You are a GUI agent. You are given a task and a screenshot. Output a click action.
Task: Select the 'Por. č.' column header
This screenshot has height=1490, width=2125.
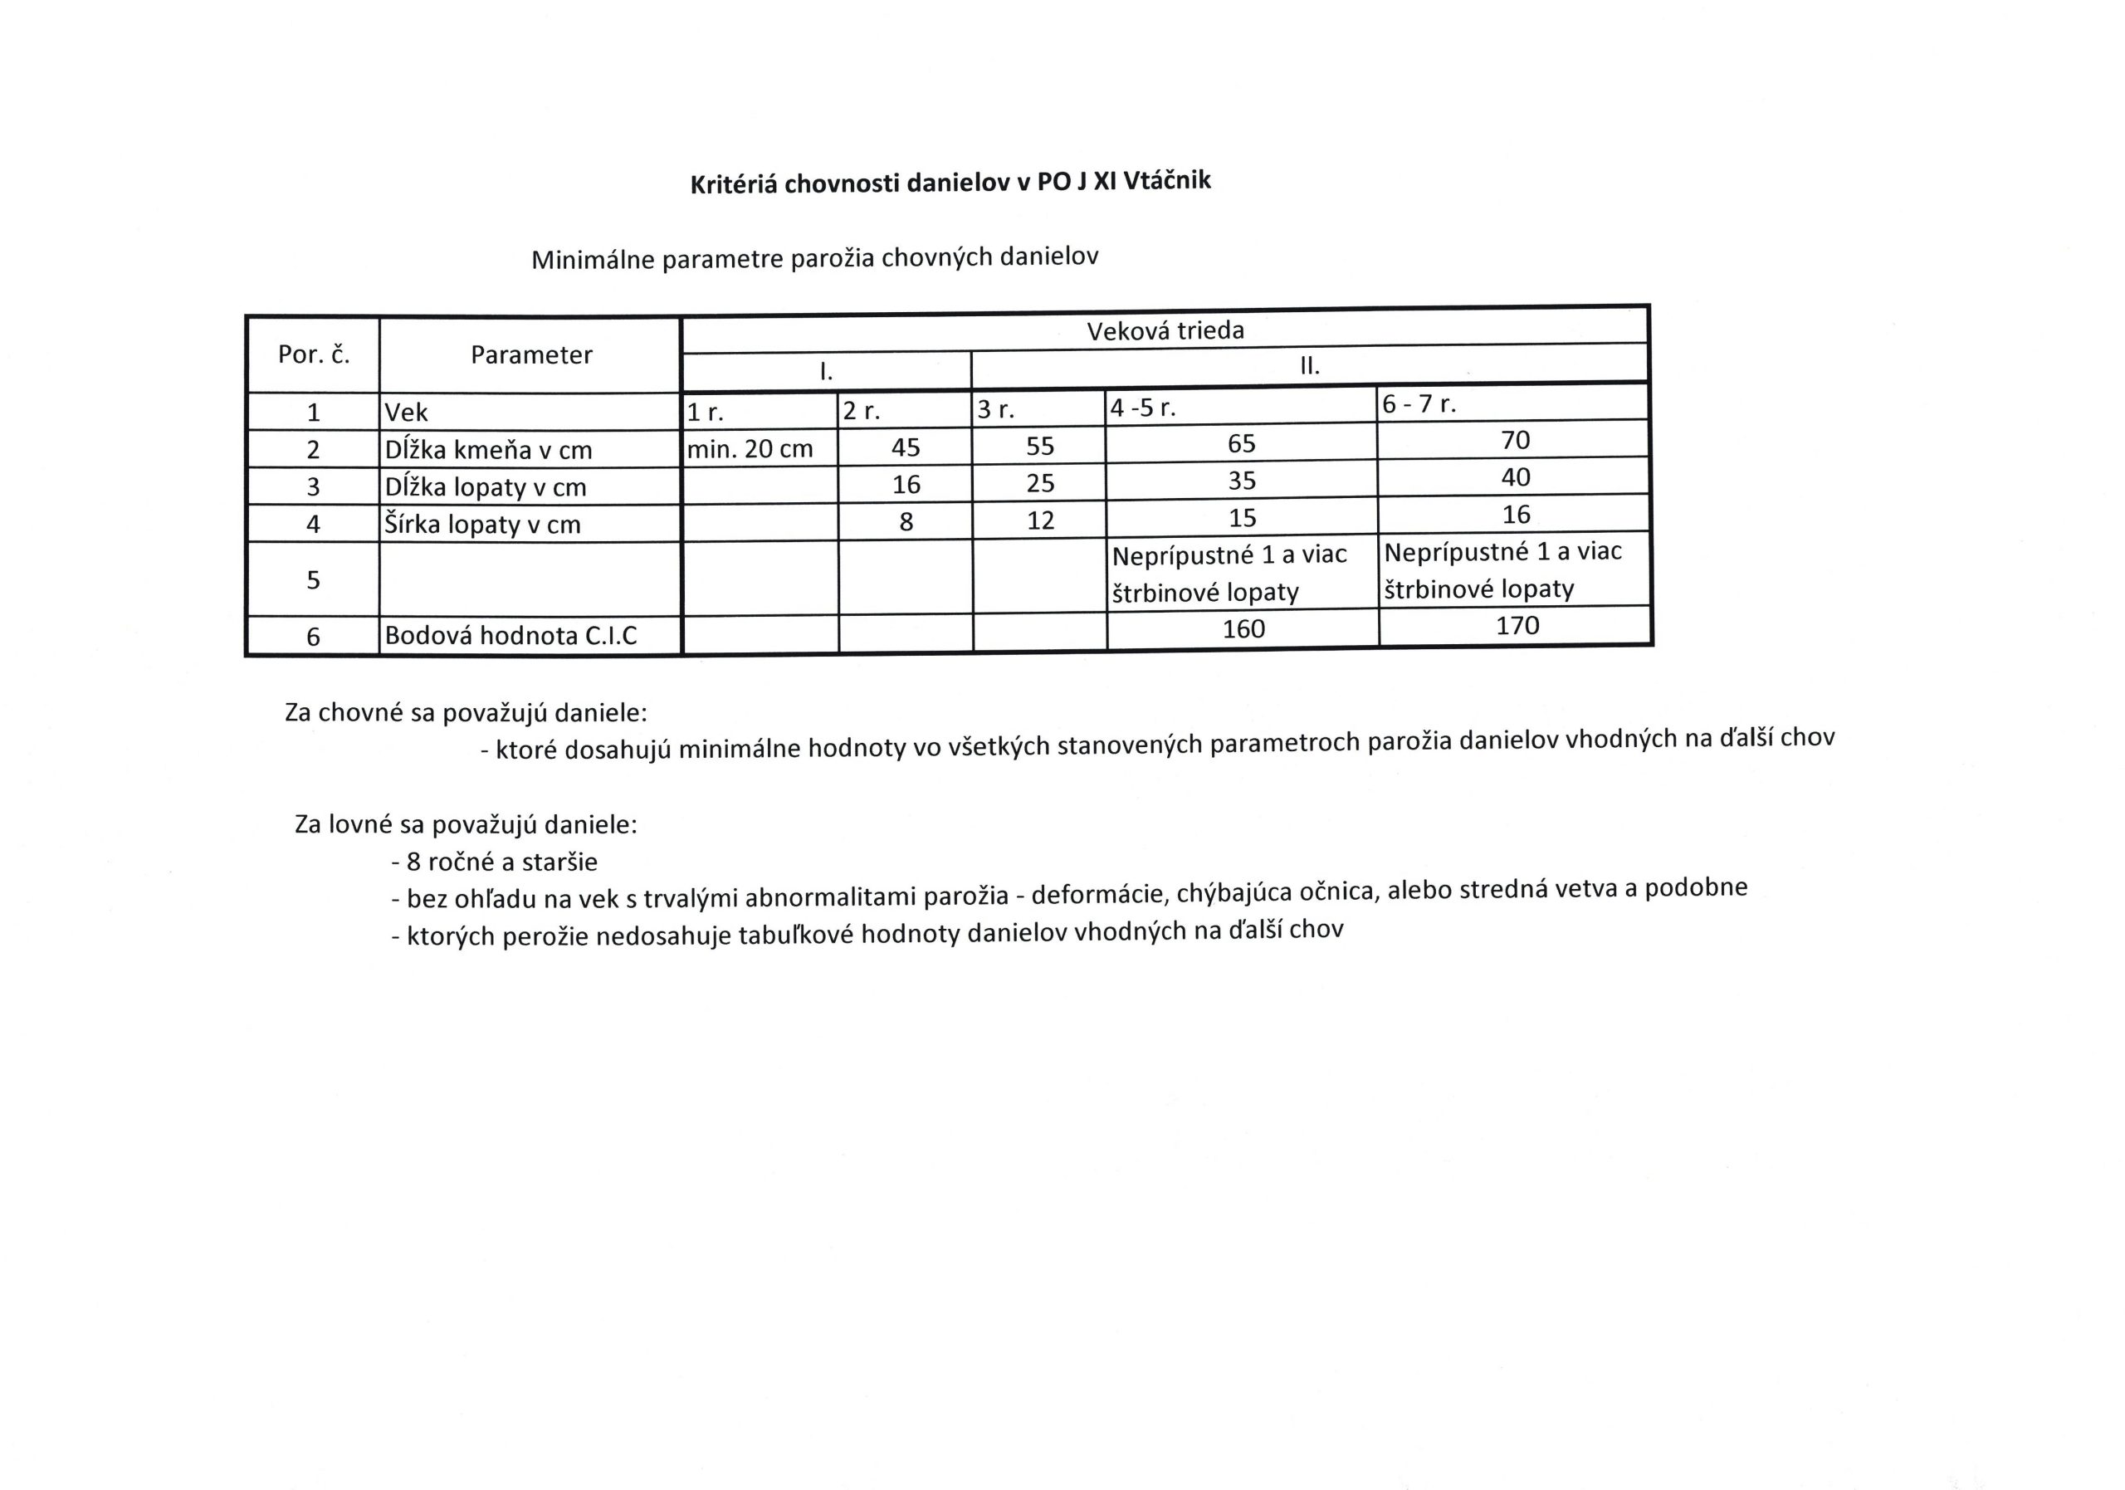[x=314, y=355]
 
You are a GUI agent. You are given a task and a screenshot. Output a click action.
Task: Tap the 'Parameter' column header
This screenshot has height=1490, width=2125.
[x=531, y=355]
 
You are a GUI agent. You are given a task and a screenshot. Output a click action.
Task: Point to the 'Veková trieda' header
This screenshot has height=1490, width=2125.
[x=1165, y=330]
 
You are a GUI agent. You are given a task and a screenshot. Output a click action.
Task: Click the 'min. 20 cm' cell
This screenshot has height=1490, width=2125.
[x=750, y=449]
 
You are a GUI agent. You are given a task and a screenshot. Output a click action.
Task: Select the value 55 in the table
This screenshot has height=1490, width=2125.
[x=1039, y=446]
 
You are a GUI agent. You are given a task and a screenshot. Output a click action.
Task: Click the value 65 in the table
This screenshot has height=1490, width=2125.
[x=1241, y=443]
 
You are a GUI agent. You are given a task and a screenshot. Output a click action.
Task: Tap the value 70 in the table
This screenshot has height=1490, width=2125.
[x=1515, y=440]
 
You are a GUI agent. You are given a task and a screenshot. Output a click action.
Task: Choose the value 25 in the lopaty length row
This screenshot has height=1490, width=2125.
[x=1040, y=483]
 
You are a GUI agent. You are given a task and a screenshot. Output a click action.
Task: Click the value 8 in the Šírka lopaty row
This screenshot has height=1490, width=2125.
[x=906, y=522]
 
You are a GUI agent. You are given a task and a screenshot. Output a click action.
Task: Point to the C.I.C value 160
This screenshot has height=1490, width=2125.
[x=1243, y=629]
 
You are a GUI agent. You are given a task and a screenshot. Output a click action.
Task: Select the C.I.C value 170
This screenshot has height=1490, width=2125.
[x=1517, y=626]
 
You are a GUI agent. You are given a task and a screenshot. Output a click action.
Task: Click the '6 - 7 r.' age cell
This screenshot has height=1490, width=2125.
[x=1419, y=404]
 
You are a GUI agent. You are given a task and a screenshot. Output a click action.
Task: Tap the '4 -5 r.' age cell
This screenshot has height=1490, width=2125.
[x=1143, y=408]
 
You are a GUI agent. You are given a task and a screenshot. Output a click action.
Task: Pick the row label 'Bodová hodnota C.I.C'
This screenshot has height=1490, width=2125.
[x=510, y=636]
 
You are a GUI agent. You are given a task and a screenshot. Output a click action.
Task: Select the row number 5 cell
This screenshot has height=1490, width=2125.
[x=313, y=580]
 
